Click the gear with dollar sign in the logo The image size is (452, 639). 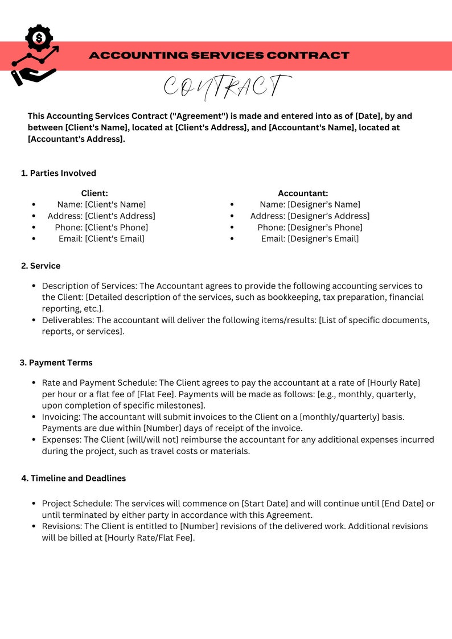coord(39,38)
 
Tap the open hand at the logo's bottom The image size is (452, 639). coord(33,76)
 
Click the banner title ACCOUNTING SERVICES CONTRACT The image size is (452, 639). coord(219,55)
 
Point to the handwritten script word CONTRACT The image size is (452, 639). coord(227,86)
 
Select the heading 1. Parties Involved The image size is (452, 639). coord(59,173)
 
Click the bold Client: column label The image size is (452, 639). coord(94,193)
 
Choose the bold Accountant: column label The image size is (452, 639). coord(303,193)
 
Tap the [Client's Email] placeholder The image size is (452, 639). coord(115,238)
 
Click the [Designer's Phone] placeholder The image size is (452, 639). coord(325,227)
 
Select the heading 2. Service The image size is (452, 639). coord(40,266)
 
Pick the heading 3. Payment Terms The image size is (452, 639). coord(56,362)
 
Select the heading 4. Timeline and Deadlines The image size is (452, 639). coord(73,478)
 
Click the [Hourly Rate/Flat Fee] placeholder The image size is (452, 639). coord(150,538)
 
